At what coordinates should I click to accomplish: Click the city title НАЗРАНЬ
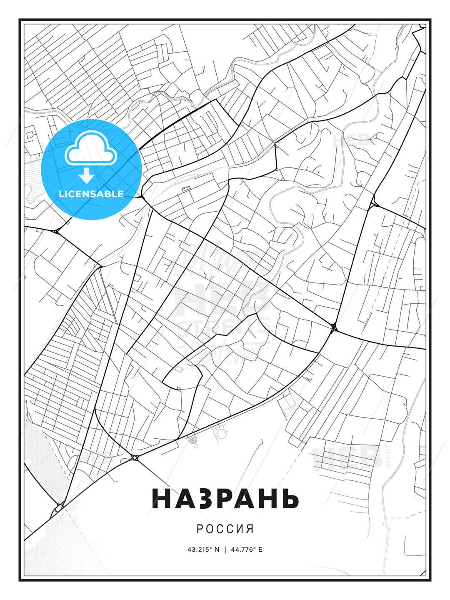[225, 498]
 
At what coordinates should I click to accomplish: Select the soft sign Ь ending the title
[290, 498]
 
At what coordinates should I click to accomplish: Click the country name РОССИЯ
[225, 529]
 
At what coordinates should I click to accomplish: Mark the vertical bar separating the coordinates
[225, 550]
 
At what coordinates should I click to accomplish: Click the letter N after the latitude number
[217, 550]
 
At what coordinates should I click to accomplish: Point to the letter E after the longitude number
[260, 550]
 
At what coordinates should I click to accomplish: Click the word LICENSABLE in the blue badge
[91, 194]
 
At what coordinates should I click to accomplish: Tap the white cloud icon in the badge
[90, 149]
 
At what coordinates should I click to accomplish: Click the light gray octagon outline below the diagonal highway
[220, 434]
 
